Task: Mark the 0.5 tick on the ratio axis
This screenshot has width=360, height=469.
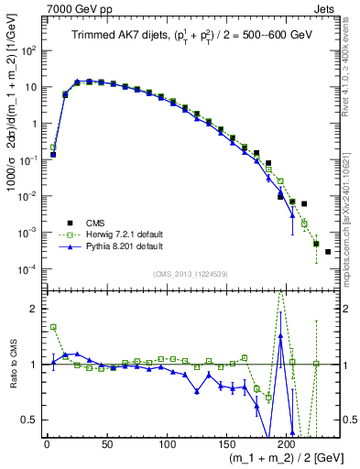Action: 32,420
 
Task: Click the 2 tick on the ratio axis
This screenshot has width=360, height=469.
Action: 36,309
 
